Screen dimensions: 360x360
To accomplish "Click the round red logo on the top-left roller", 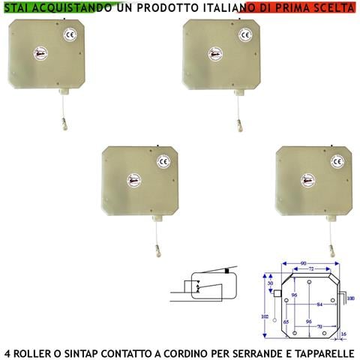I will click(x=40, y=54).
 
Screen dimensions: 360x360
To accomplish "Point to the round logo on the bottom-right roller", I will click(x=307, y=180).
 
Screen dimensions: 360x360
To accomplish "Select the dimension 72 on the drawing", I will click(x=304, y=268).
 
